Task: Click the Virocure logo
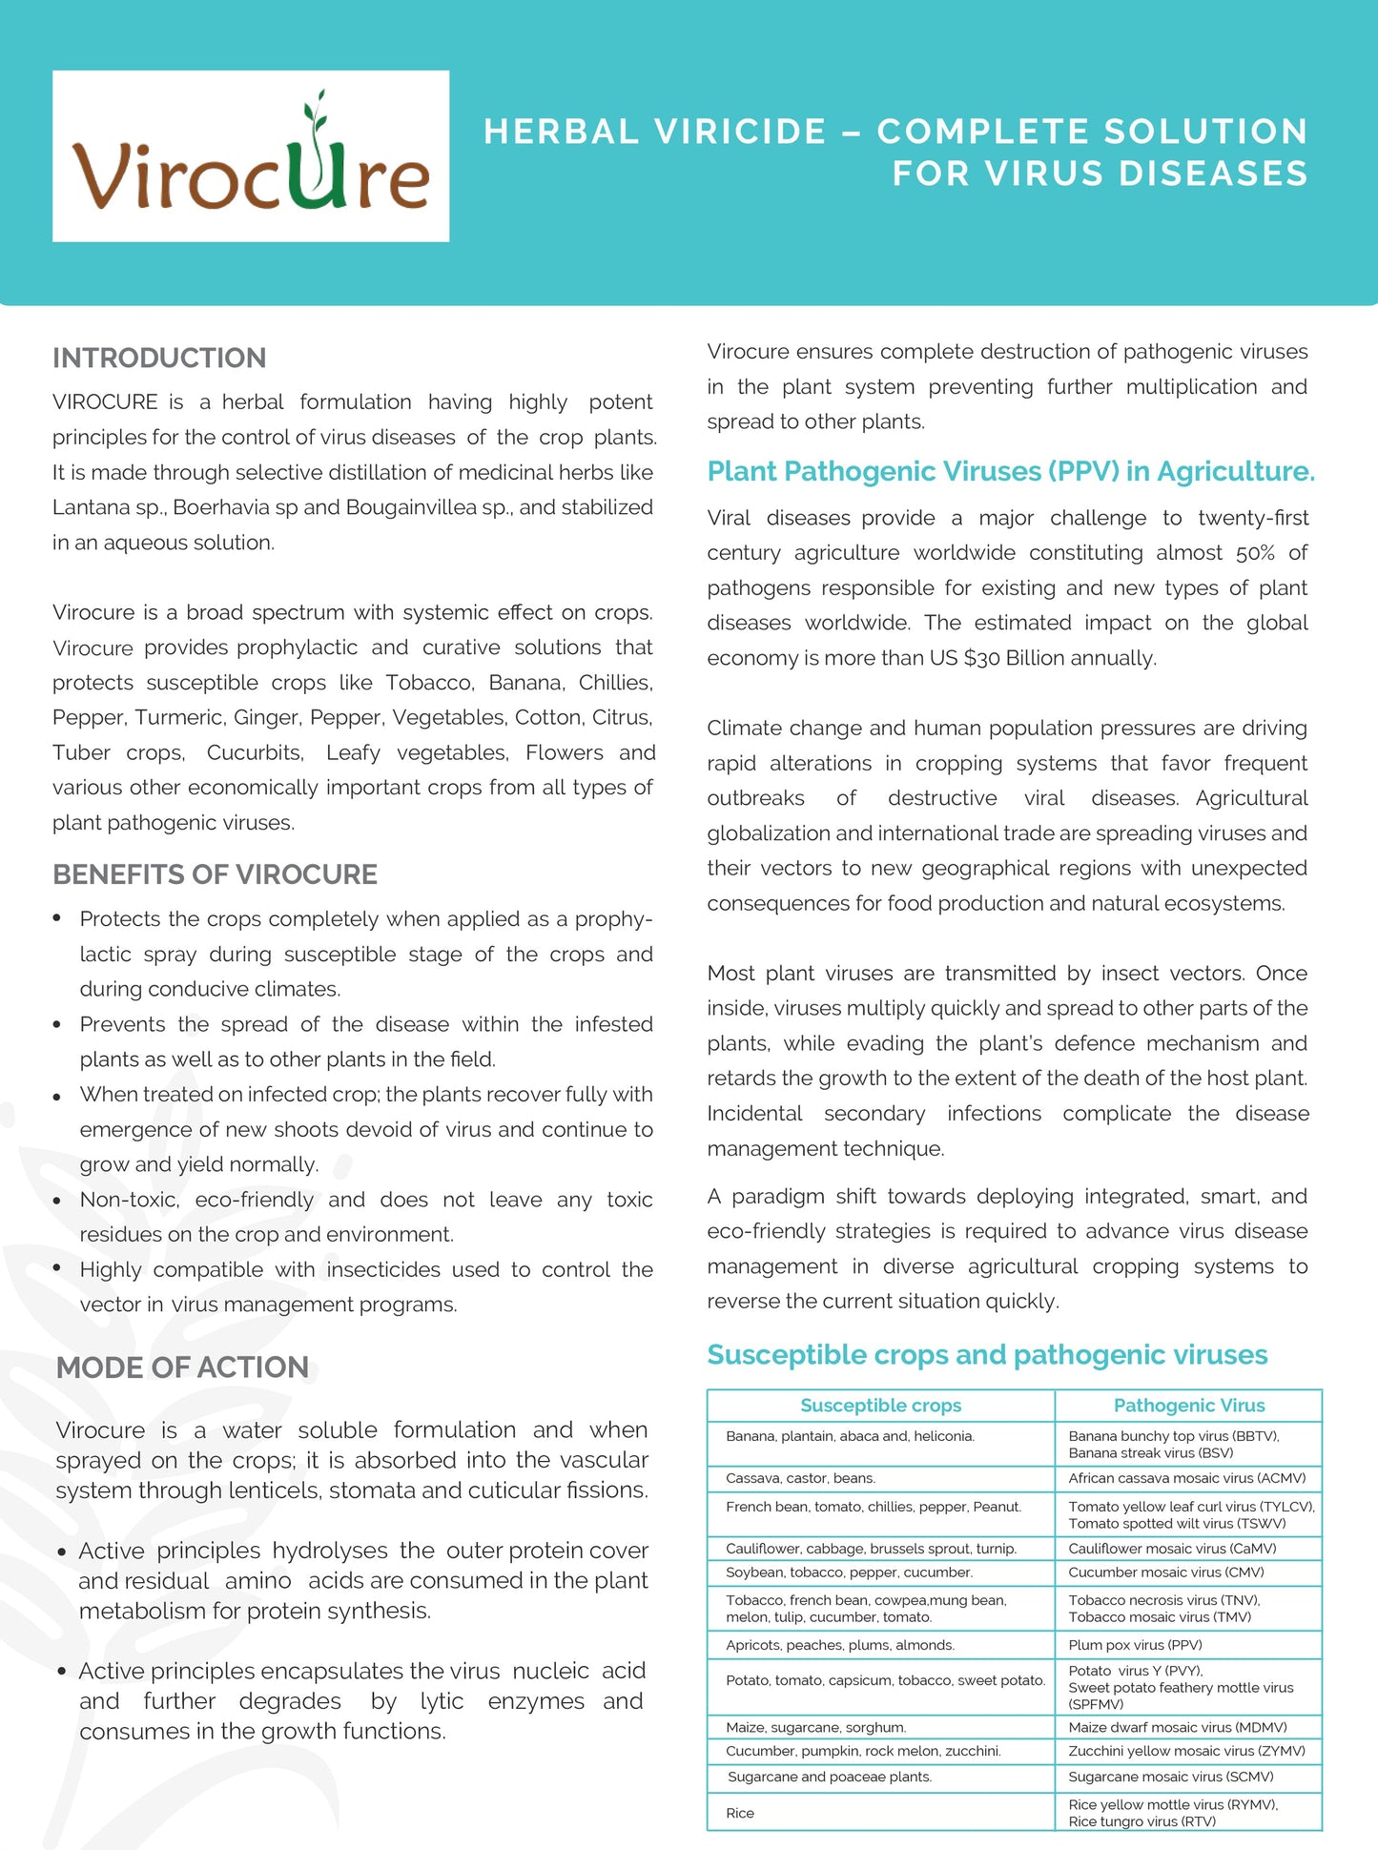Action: (251, 155)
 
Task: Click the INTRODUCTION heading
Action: (159, 359)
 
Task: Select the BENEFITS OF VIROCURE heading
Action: (215, 874)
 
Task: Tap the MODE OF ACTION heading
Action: (182, 1367)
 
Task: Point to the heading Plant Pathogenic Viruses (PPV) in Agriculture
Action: (1011, 471)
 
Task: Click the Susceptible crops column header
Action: (880, 1406)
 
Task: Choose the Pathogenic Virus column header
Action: (1188, 1406)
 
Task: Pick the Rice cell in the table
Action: (740, 1813)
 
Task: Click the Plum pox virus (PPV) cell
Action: (1135, 1645)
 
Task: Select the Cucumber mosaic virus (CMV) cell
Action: (1165, 1572)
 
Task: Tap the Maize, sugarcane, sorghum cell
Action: (815, 1727)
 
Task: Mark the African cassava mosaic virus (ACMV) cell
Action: (1187, 1478)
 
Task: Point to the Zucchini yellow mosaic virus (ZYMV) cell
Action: (1186, 1751)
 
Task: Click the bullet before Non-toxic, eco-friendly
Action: (57, 1201)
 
